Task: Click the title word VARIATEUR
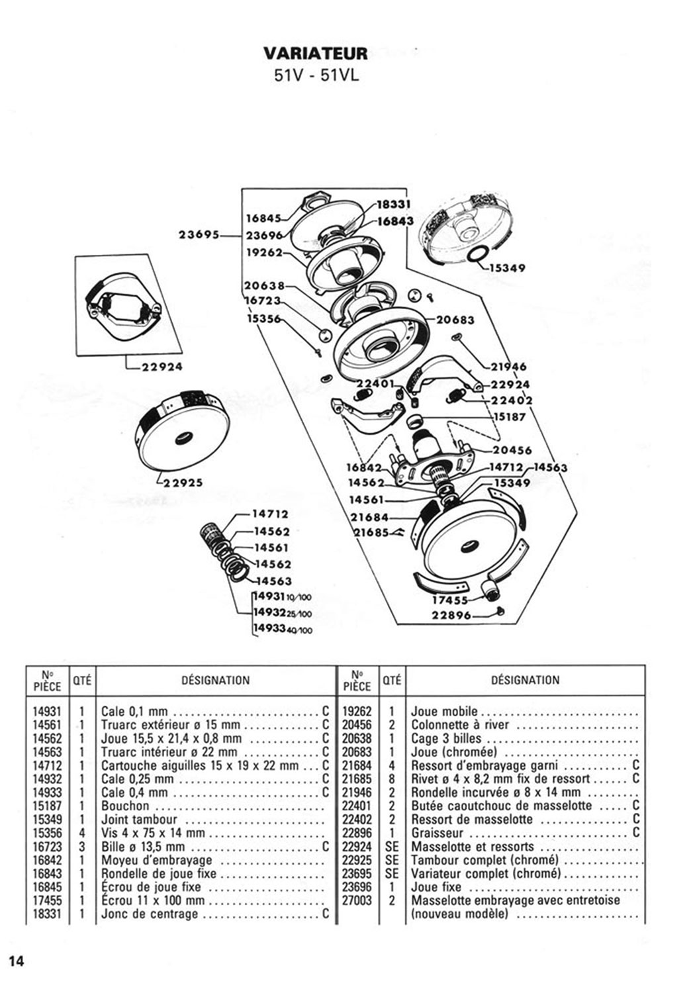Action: pos(315,53)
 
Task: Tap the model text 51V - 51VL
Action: pos(316,75)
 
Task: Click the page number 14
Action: pos(16,961)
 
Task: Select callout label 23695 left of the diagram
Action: pos(199,234)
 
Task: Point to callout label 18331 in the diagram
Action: pos(394,205)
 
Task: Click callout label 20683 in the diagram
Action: pos(455,320)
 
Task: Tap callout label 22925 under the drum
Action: pos(183,483)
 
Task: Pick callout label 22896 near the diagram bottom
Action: pos(451,615)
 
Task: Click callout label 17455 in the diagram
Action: pos(450,600)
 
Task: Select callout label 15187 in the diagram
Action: pos(510,417)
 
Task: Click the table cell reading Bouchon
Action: pos(125,806)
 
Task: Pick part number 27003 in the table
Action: pos(357,900)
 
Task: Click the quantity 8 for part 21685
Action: pos(392,779)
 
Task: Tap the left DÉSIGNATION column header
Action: pos(215,680)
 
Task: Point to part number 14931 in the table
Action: pos(47,712)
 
